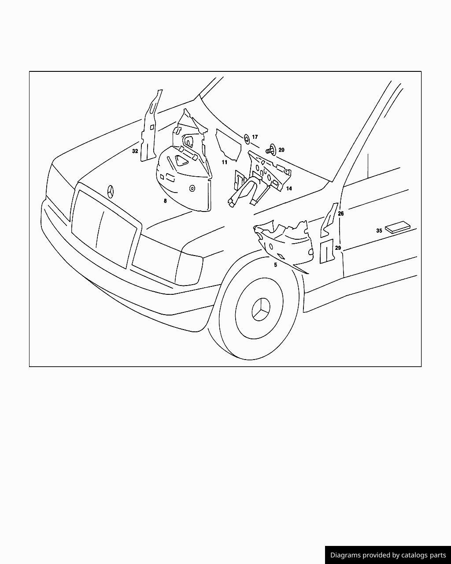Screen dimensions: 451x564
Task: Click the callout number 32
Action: click(x=135, y=151)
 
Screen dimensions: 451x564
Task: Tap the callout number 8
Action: click(x=165, y=201)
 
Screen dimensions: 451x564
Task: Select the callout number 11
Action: click(x=225, y=163)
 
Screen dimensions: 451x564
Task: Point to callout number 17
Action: click(x=255, y=137)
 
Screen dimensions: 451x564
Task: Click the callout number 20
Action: click(x=281, y=150)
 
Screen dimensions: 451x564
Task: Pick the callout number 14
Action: click(x=289, y=189)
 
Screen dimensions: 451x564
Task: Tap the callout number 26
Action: click(x=341, y=214)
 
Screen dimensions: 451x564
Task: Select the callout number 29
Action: click(x=338, y=248)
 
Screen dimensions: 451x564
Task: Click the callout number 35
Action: click(x=379, y=231)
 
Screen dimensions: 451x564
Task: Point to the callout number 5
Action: click(x=275, y=265)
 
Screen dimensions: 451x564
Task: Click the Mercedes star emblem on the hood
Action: click(x=111, y=192)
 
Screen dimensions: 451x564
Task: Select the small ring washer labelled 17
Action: click(x=247, y=139)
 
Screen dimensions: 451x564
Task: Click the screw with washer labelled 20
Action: click(x=271, y=150)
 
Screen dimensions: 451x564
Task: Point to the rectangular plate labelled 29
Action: click(x=327, y=251)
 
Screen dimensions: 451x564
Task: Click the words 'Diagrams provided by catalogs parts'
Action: click(x=388, y=555)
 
